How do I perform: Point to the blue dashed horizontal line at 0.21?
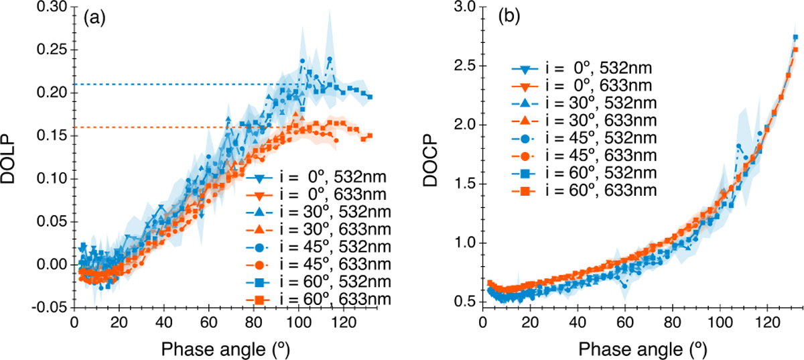(167, 84)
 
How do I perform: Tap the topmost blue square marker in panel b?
(795, 38)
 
